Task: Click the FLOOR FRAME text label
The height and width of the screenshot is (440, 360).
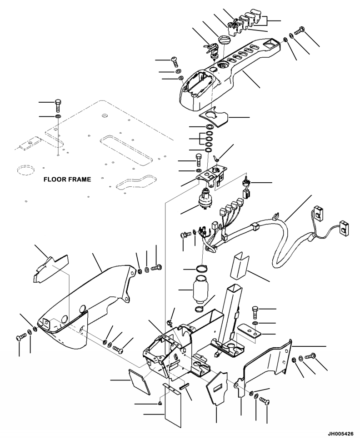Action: (67, 179)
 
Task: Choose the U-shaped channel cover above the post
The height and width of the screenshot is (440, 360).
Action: (239, 265)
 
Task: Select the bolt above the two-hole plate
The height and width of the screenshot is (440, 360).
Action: (255, 312)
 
